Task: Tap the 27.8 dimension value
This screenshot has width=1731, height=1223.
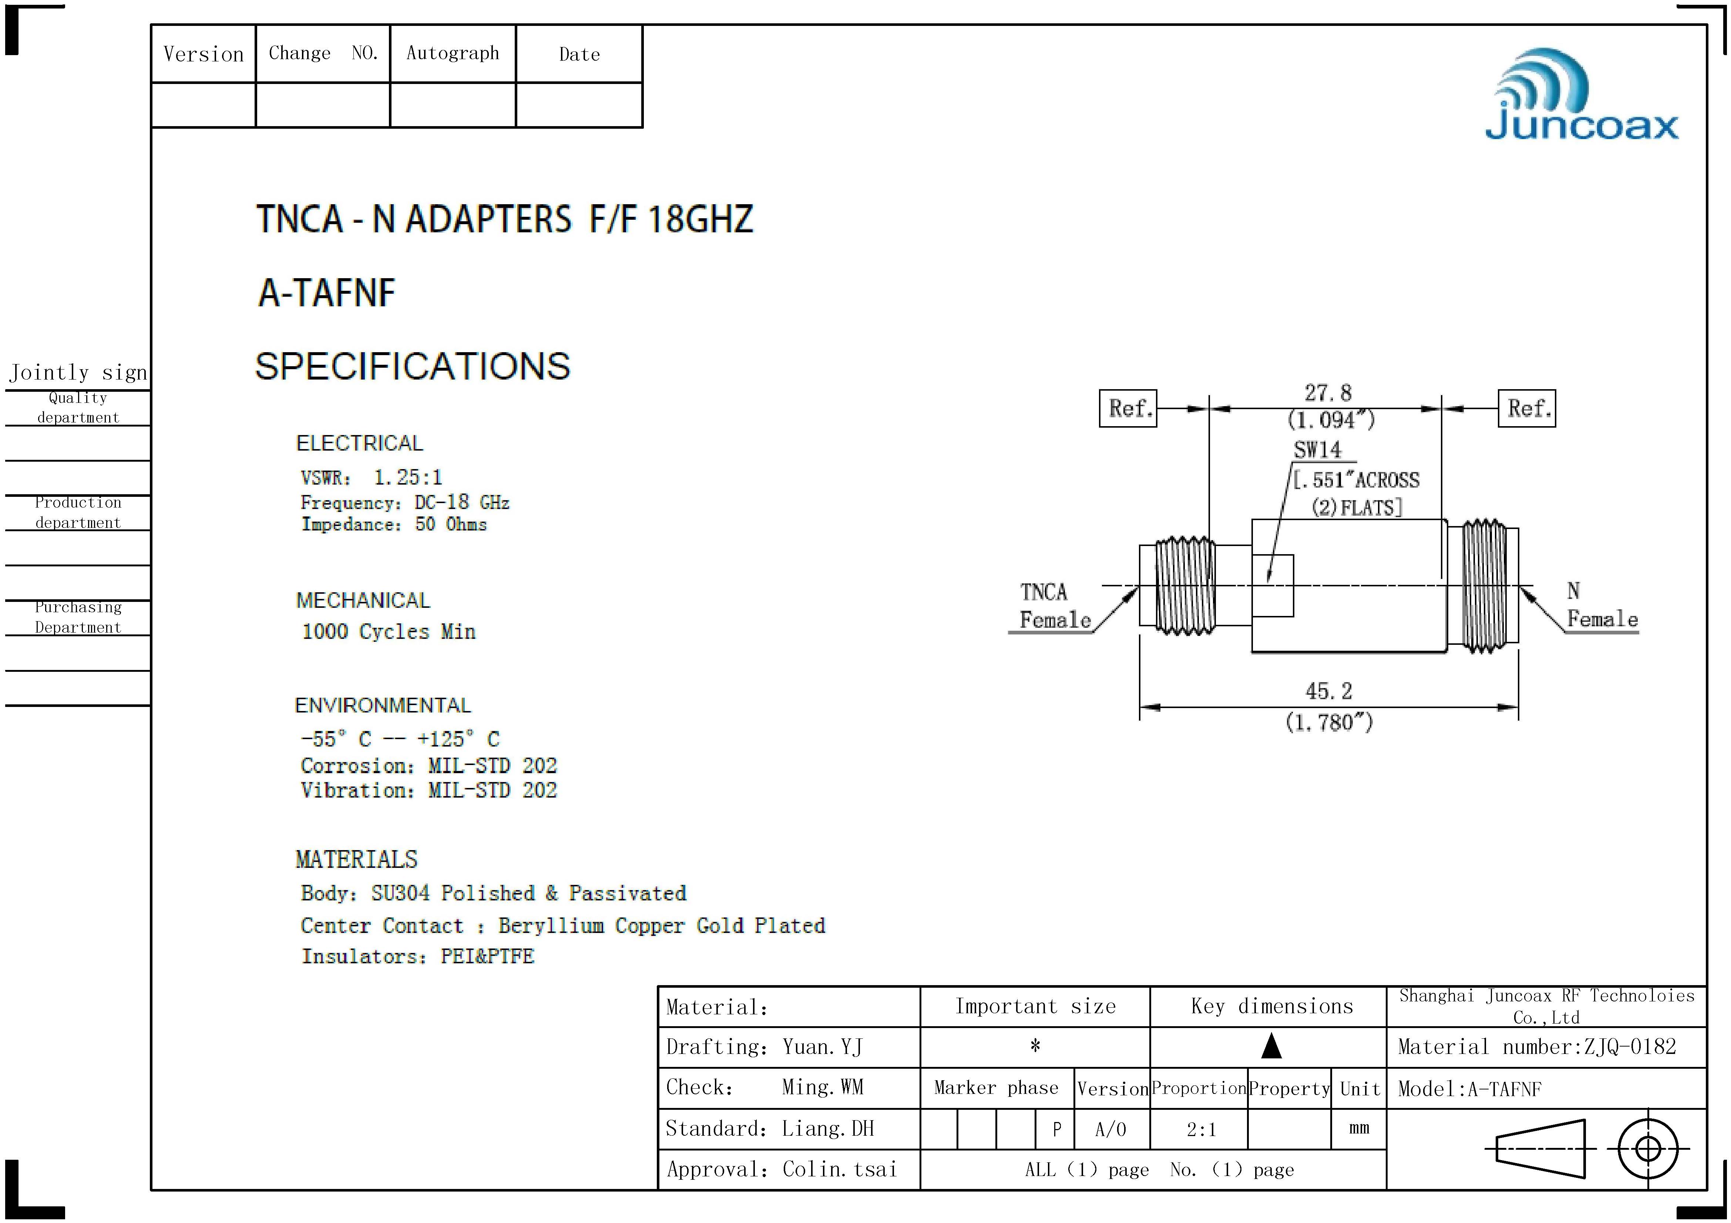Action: pos(1328,392)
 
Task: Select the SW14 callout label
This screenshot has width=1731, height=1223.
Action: pos(1318,450)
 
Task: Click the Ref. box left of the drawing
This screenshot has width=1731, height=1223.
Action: pos(1128,408)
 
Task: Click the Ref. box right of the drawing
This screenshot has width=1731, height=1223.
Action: pos(1527,408)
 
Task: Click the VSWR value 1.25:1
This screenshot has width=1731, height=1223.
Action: pos(408,477)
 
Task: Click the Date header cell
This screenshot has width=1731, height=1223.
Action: pos(579,54)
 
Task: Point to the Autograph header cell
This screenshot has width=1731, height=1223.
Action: pos(452,53)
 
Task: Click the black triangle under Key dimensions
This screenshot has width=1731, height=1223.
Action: pos(1271,1046)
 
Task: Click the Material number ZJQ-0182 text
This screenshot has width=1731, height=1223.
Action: pos(1536,1047)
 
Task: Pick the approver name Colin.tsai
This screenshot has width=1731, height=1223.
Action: pos(839,1169)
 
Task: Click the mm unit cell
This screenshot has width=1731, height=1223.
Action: pos(1358,1128)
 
